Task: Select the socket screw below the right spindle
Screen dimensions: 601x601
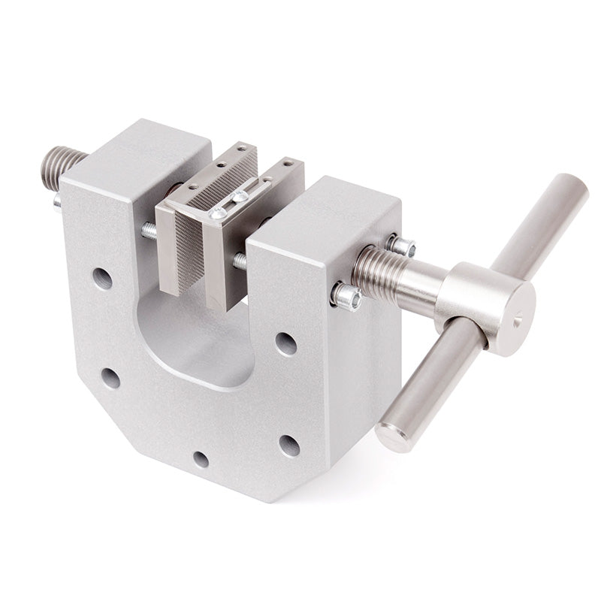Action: [347, 297]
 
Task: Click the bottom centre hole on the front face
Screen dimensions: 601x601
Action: [201, 458]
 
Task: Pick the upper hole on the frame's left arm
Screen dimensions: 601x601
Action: [102, 279]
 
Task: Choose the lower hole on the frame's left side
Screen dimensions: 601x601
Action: [111, 378]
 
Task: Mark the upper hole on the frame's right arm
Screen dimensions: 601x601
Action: [285, 343]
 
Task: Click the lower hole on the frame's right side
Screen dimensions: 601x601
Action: [289, 445]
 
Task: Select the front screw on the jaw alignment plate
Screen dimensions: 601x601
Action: [217, 213]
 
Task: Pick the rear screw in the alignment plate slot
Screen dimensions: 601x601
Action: [240, 196]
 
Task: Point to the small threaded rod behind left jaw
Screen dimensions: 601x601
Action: [149, 230]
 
